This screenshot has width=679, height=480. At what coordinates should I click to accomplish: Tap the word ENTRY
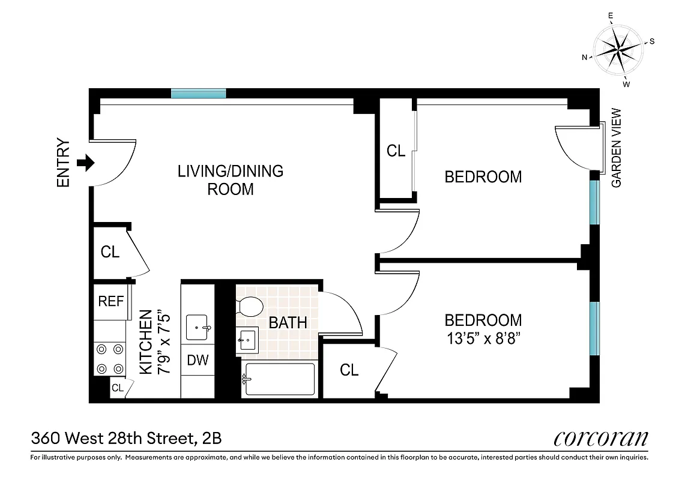[x=64, y=163]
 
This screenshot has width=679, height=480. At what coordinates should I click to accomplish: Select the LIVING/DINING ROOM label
[x=231, y=180]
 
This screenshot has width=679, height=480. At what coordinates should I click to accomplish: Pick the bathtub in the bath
[x=279, y=379]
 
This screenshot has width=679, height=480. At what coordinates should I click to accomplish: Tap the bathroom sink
[x=247, y=340]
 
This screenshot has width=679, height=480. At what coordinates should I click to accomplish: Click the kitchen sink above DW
[x=198, y=328]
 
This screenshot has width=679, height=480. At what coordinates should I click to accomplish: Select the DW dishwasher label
[x=198, y=360]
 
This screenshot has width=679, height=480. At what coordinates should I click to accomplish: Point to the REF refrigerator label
[x=110, y=301]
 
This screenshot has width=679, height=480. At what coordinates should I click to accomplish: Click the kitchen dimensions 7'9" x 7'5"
[x=154, y=342]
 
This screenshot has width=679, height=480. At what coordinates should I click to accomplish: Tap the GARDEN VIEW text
[x=617, y=148]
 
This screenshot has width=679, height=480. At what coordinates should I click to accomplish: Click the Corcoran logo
[x=601, y=437]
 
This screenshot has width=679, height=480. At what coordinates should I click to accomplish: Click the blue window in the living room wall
[x=198, y=93]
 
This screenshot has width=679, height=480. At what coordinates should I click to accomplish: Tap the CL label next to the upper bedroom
[x=396, y=151]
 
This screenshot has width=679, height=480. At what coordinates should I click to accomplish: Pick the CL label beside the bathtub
[x=349, y=370]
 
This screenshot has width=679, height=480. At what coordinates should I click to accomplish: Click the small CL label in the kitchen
[x=118, y=388]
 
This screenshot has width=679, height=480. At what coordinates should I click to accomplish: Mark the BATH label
[x=288, y=322]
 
